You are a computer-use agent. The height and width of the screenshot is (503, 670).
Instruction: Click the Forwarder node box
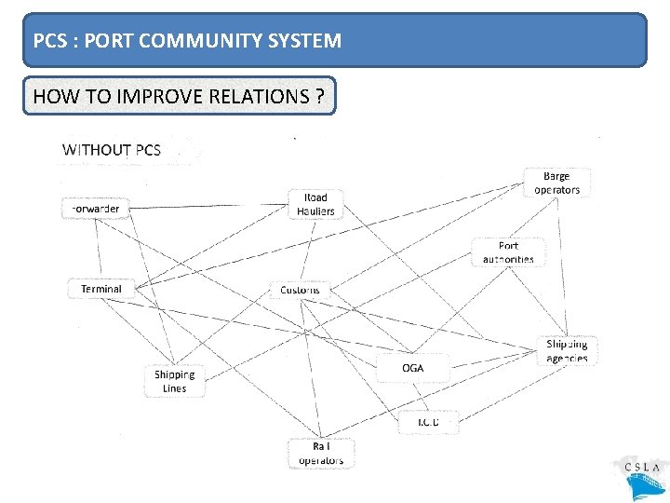coord(93,209)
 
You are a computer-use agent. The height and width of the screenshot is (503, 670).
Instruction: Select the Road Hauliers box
coord(315,204)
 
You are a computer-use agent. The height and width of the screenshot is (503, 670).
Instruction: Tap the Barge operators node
coord(556,183)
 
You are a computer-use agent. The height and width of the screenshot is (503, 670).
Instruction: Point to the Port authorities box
coord(508,252)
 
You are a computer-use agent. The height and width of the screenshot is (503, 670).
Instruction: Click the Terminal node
coord(100,289)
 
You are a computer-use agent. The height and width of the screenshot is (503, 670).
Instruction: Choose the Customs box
coord(300,290)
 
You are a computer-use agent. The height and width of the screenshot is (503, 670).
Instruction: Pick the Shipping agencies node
coord(567,351)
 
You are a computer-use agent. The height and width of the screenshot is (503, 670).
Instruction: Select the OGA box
coord(412,368)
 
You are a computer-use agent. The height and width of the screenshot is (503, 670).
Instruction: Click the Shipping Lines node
coord(174,382)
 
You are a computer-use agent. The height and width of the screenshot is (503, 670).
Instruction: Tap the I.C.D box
coord(427,422)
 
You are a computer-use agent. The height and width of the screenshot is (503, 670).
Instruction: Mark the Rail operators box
coord(321,454)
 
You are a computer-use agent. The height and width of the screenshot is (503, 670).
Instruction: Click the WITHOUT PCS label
coord(112,149)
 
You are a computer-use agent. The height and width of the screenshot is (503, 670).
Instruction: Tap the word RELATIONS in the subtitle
coord(247,96)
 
